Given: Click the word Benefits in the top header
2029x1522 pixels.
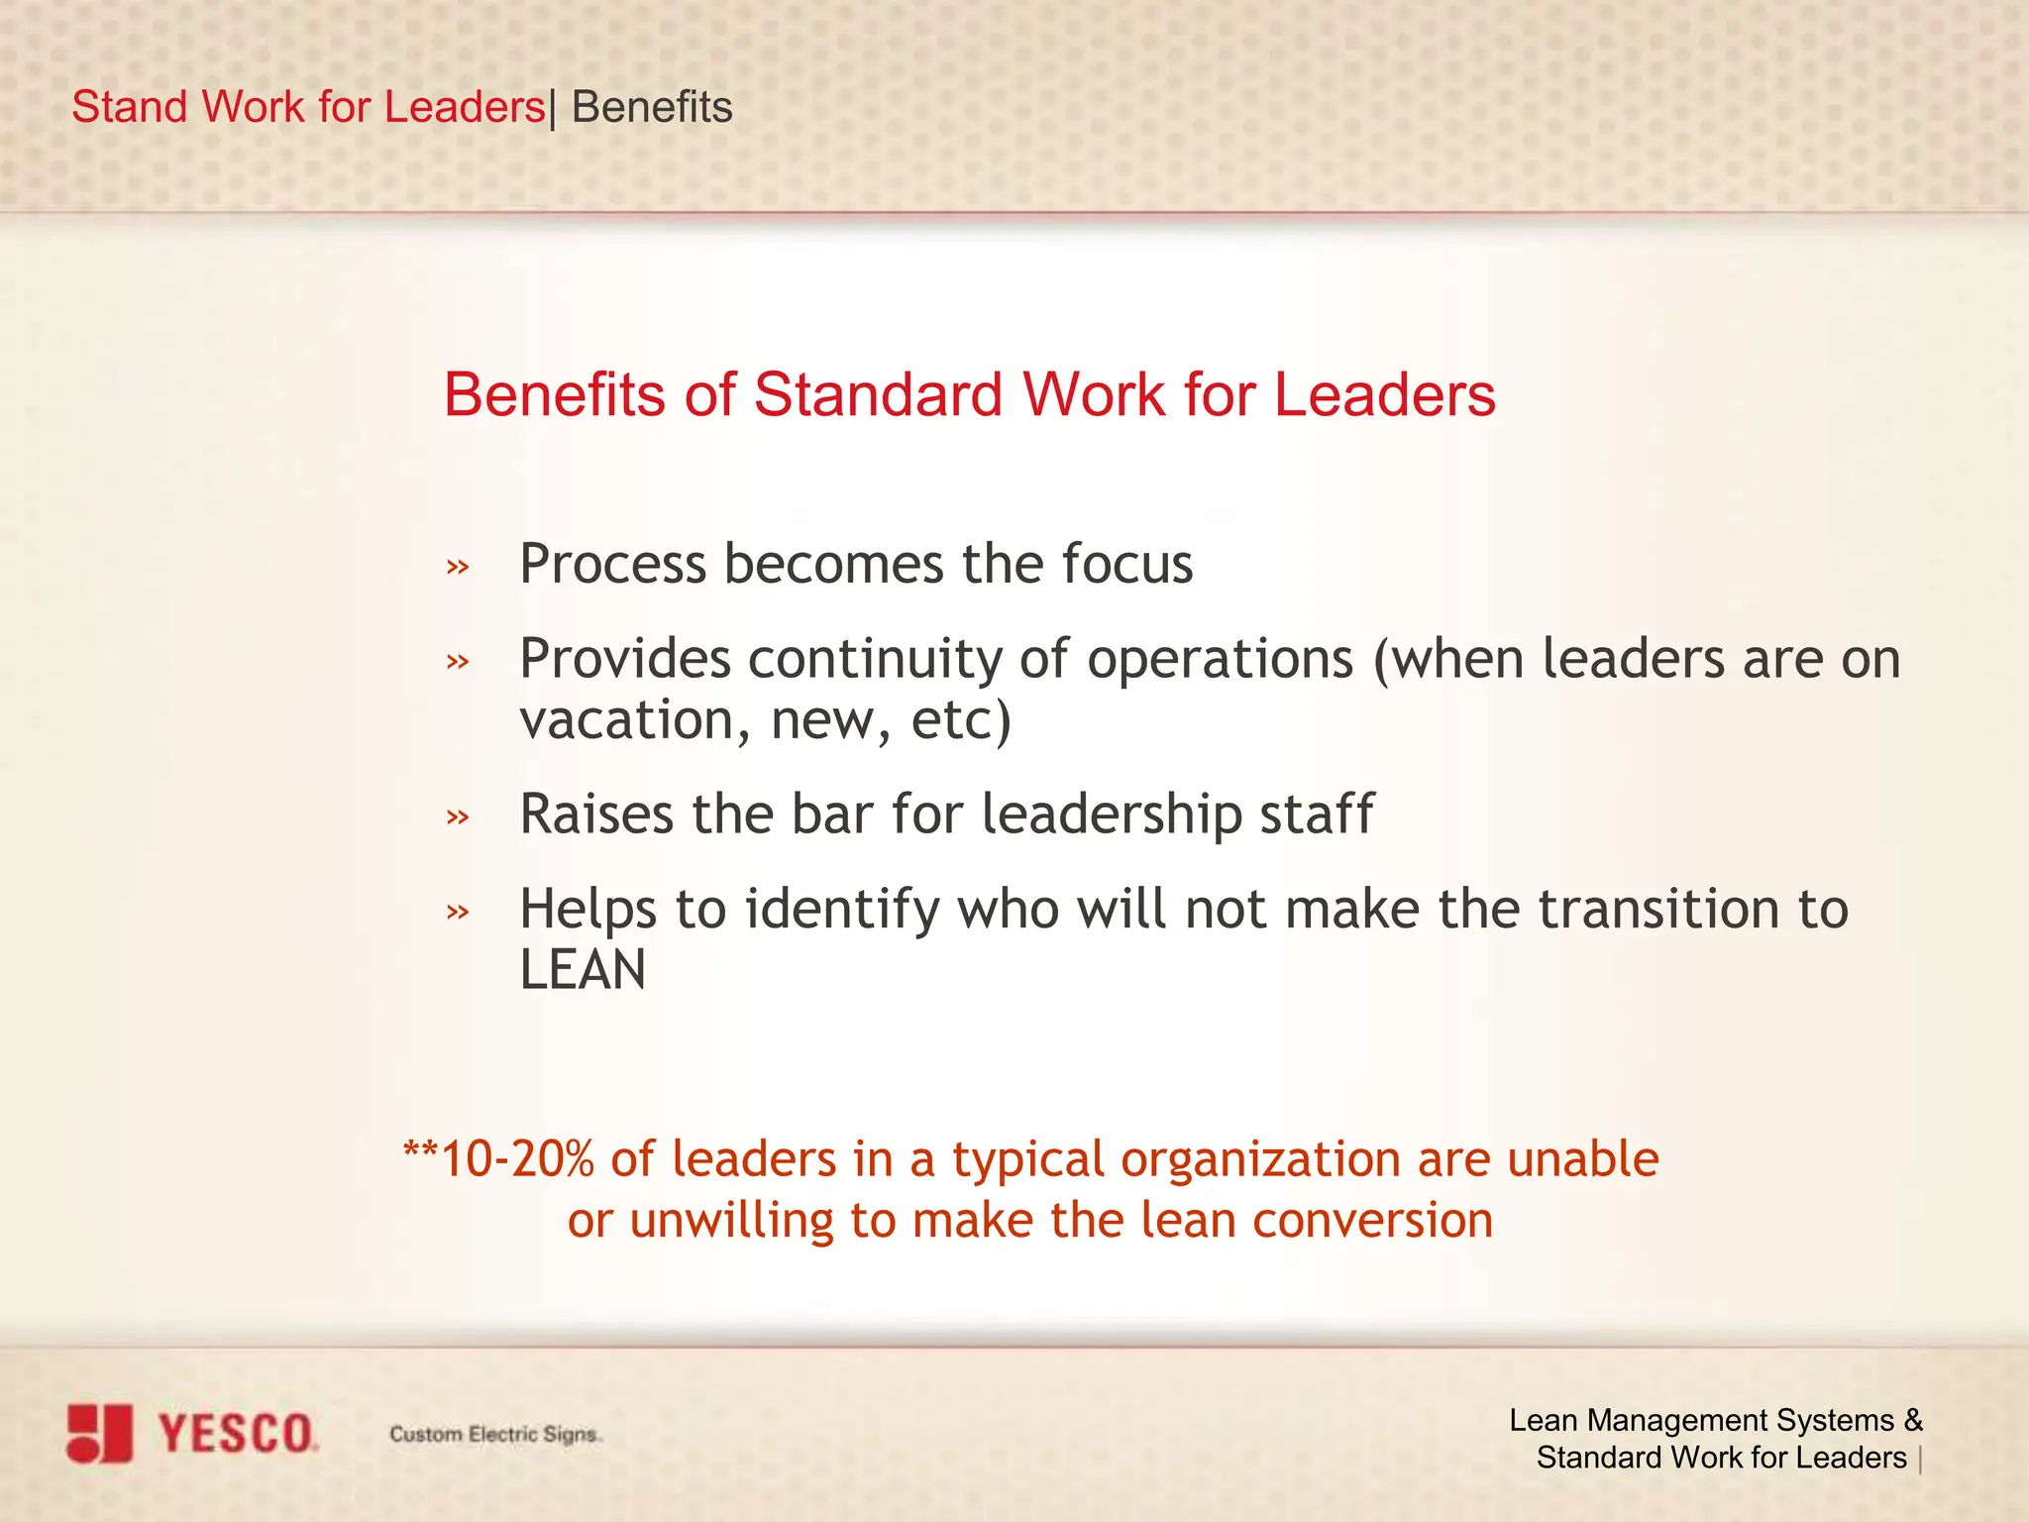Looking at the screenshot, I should click(652, 107).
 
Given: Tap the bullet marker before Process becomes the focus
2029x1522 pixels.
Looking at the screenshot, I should click(457, 568).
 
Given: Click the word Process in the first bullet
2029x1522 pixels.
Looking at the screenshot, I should click(612, 565).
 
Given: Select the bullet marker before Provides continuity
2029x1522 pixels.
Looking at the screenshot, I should click(457, 661).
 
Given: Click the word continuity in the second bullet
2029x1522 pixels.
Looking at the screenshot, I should click(875, 660).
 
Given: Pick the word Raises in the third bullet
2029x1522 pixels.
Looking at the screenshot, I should click(596, 814).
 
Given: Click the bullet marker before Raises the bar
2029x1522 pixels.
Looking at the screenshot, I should click(457, 817).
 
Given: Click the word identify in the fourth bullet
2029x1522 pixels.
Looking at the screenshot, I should click(841, 910).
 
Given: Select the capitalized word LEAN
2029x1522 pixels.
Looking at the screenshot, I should click(583, 969).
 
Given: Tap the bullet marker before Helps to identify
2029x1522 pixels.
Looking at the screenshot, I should click(457, 912).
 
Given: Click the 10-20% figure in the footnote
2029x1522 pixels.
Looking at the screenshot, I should click(516, 1159).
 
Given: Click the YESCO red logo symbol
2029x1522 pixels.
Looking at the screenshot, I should click(99, 1433).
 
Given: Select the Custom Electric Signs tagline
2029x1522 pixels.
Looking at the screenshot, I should click(494, 1434).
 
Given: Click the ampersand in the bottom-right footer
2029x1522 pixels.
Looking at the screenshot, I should click(1912, 1420).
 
